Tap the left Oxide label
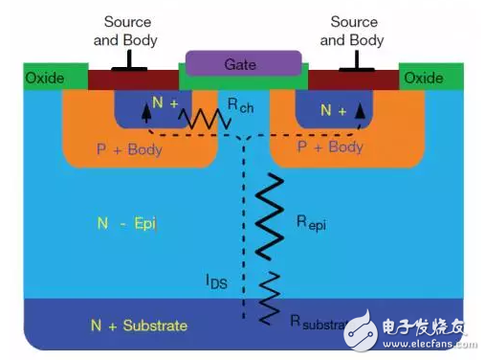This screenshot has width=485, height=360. pyautogui.click(x=44, y=78)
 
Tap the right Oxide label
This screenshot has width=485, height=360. pyautogui.click(x=423, y=78)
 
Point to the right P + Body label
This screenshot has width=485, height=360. pyautogui.click(x=330, y=146)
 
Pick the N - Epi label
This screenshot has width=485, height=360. pyautogui.click(x=126, y=224)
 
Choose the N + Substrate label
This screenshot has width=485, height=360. pyautogui.click(x=142, y=326)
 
